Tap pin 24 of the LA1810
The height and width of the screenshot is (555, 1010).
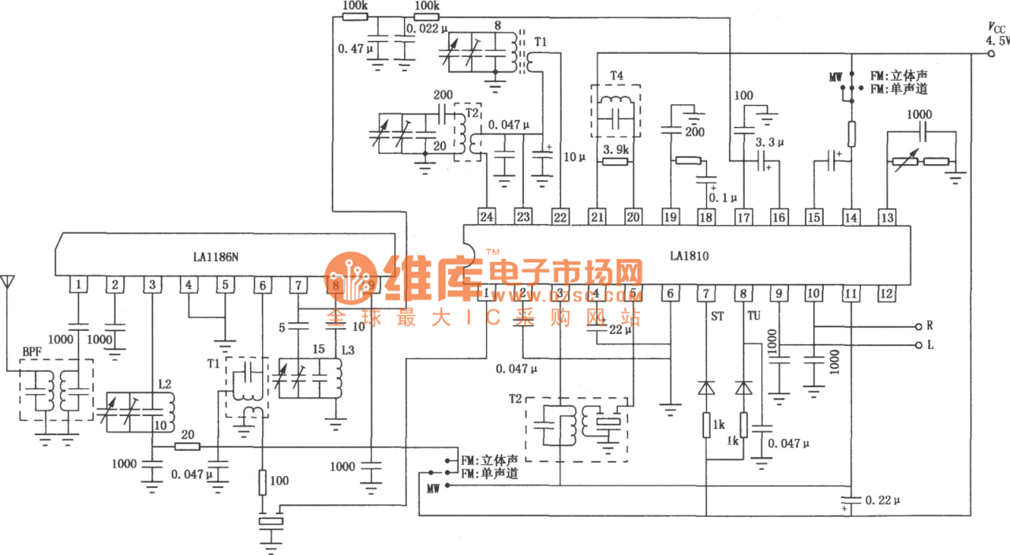[x=487, y=216]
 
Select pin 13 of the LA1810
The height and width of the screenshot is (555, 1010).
[x=887, y=216]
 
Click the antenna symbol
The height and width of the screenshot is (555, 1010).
[x=8, y=283]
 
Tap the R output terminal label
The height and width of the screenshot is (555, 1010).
[x=930, y=325]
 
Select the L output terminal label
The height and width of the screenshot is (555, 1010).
[x=930, y=345]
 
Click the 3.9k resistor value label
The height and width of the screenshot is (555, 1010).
[x=615, y=149]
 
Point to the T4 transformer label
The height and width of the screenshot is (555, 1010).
[x=616, y=76]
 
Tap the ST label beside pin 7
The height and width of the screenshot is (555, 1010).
[x=717, y=316]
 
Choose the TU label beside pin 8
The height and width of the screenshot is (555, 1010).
[x=754, y=316]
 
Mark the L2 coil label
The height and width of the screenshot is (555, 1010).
[x=163, y=384]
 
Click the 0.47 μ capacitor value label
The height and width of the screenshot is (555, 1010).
[x=354, y=49]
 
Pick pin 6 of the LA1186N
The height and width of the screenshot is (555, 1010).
[x=261, y=284]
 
